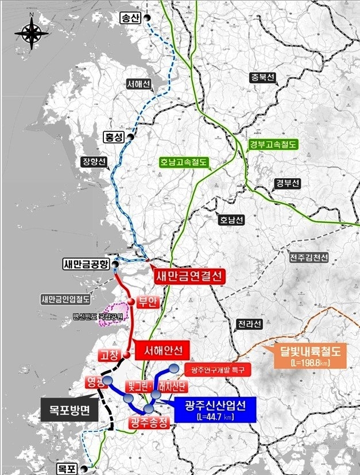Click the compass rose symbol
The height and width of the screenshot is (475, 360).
point(32,33)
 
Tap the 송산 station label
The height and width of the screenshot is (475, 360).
point(130,18)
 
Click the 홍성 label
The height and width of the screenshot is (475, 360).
point(114,138)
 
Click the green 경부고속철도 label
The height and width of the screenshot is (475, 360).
point(273,144)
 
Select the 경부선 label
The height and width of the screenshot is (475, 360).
point(287,183)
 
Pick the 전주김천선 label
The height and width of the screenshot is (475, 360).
point(308,258)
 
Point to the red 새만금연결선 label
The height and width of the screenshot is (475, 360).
point(188,276)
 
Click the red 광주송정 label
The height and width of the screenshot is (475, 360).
point(148,424)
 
